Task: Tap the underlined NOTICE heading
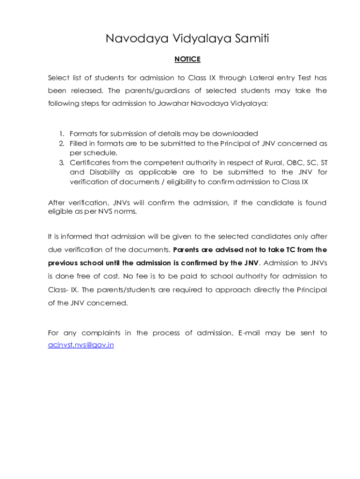click(187, 59)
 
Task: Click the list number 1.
click(62, 134)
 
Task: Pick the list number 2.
click(62, 143)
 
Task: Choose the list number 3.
click(62, 162)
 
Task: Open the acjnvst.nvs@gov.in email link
click(81, 345)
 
